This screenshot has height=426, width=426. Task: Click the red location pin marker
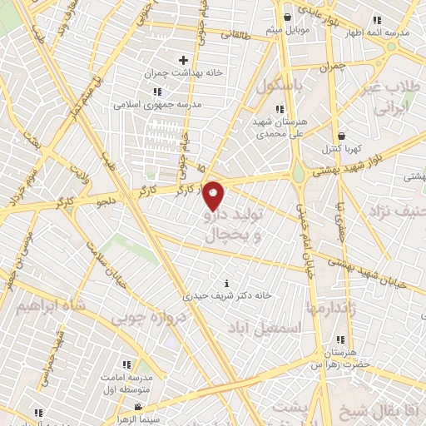point(214,196)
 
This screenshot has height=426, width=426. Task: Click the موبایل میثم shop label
point(288,30)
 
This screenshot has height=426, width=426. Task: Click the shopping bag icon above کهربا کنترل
point(341,136)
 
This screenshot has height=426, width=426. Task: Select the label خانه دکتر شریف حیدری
point(229,295)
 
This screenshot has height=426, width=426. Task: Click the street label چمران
point(331,65)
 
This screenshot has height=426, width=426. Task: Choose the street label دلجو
point(106,201)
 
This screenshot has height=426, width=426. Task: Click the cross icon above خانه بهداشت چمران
point(183,60)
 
